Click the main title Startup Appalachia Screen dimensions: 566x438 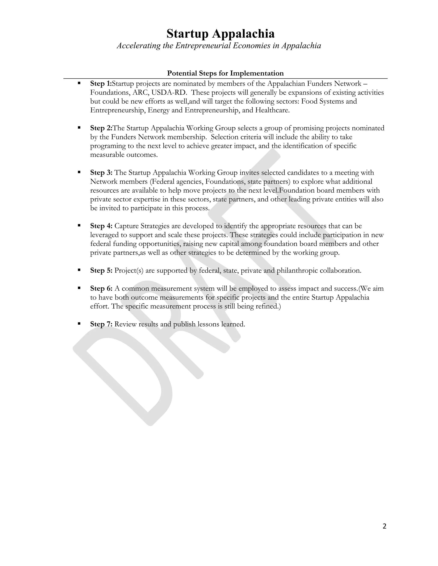[220, 34]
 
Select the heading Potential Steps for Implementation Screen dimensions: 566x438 [225, 73]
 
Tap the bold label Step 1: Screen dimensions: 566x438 [101, 84]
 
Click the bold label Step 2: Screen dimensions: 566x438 [101, 128]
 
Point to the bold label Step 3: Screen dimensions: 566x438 [101, 173]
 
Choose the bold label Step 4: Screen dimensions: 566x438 [101, 226]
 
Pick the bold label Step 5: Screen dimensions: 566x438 [101, 271]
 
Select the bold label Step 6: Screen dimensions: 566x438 [101, 288]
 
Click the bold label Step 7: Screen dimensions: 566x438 [101, 324]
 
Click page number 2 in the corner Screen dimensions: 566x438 [384, 526]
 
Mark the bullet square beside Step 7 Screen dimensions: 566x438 [79, 324]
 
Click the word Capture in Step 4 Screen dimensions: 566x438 [127, 226]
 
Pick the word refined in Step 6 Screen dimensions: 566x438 [267, 306]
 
